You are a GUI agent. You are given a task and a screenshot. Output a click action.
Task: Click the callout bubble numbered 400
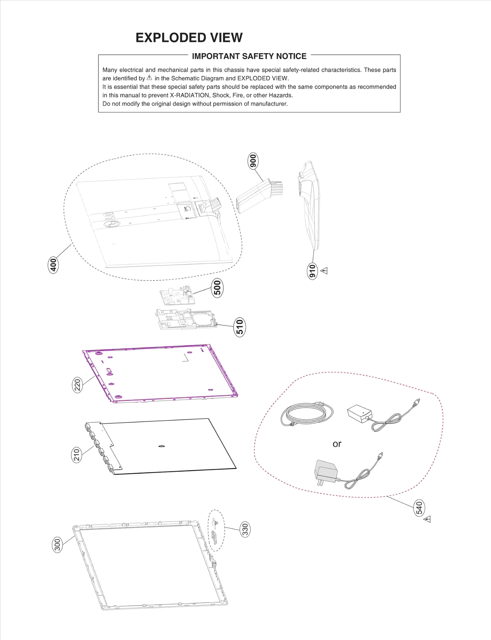point(53,265)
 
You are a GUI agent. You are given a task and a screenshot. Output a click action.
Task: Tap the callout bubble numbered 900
point(253,161)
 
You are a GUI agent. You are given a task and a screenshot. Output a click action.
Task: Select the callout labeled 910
point(312,271)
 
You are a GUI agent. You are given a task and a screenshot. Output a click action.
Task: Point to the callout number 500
point(217,288)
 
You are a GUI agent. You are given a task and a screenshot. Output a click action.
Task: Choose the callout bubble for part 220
point(77,385)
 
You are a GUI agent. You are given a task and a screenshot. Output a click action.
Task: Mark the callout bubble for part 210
point(77,455)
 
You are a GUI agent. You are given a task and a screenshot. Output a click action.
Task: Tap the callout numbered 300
point(57,544)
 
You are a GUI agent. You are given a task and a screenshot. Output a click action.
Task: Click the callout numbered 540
point(419,508)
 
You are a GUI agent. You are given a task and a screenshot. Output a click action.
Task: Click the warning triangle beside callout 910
point(324,271)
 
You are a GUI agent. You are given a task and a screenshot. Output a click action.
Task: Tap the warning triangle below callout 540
point(427,520)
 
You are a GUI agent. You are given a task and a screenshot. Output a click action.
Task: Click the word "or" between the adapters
point(337,444)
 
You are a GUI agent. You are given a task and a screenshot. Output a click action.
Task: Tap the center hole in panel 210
point(162,446)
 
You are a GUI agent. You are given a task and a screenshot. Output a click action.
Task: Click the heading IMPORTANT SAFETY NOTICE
point(249,56)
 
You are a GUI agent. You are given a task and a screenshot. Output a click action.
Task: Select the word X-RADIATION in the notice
point(189,95)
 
